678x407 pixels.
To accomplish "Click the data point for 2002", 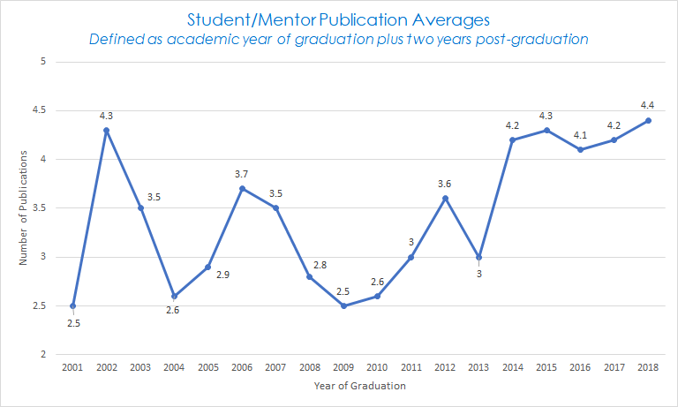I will (107, 131).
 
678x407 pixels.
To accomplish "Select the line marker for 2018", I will (648, 121).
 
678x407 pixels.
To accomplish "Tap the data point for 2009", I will (343, 306).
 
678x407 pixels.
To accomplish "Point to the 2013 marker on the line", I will (478, 258).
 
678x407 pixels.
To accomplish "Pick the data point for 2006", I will (242, 189).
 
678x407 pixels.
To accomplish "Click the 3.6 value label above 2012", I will (445, 183).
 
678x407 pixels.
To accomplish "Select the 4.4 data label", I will (648, 104).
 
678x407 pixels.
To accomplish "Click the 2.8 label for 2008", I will (320, 265).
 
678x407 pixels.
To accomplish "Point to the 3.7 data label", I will (242, 173).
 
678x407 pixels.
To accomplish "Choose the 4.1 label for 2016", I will (581, 134).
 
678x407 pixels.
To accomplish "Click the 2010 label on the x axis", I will (377, 366).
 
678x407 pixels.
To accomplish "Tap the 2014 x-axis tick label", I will (513, 366).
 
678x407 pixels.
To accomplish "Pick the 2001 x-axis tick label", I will (73, 366).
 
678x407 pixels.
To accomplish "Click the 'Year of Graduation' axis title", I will (360, 385).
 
